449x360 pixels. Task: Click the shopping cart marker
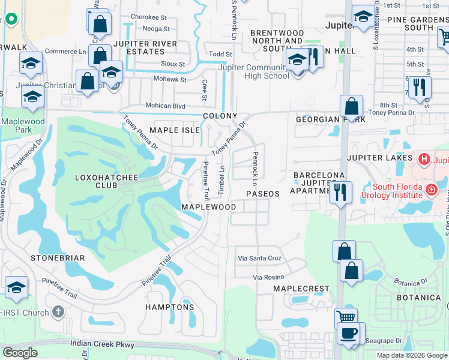tap(346, 318)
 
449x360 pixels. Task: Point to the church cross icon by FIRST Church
tap(58, 312)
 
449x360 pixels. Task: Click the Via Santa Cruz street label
tap(259, 258)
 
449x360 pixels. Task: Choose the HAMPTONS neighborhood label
tap(170, 307)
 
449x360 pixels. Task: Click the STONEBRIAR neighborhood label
tap(58, 257)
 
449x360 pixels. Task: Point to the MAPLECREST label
tap(301, 289)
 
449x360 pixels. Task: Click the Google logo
tap(20, 353)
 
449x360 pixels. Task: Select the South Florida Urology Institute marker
tap(431, 190)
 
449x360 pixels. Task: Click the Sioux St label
tap(173, 64)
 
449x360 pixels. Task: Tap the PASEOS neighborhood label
tap(263, 194)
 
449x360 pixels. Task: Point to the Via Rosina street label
tap(268, 277)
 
